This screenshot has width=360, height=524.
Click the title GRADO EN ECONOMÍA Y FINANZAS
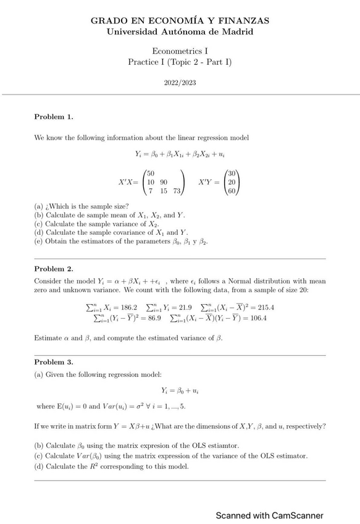(x=180, y=20)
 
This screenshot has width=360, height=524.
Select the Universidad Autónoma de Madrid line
(x=180, y=32)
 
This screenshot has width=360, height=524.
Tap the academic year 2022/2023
(x=180, y=82)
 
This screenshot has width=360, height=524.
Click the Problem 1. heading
(x=54, y=117)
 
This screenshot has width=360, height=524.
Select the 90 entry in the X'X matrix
(x=163, y=182)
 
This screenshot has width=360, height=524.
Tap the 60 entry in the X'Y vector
(x=232, y=192)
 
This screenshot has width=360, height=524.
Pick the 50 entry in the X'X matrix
(x=151, y=173)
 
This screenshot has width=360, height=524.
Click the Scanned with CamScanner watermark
(x=269, y=515)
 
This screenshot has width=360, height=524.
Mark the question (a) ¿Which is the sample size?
(x=82, y=206)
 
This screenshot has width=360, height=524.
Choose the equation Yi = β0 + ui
(x=180, y=391)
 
